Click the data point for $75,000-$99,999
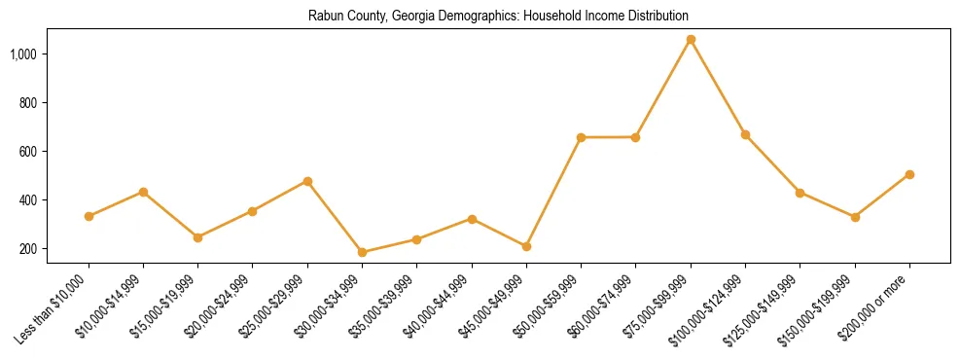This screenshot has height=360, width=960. [691, 40]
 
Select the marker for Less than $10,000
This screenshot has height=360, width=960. [89, 216]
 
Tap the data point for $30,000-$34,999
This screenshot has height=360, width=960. [362, 252]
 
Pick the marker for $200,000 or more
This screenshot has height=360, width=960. [909, 175]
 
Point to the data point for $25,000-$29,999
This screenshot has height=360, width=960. [307, 181]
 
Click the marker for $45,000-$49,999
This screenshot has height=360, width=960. [526, 247]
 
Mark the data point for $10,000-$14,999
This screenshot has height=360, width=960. [143, 192]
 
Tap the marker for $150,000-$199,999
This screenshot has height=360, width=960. [855, 217]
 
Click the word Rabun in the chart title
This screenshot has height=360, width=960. [323, 17]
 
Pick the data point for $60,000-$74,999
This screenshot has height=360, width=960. [636, 137]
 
